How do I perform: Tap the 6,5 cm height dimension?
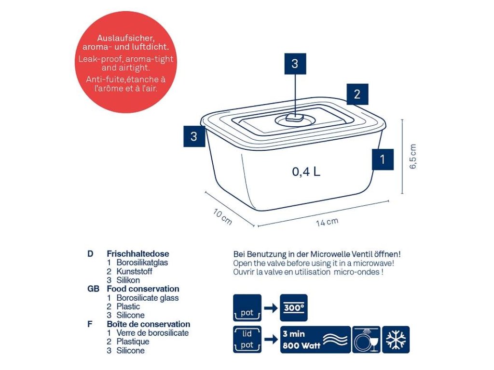pos(413,157)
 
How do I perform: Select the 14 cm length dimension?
pos(327,222)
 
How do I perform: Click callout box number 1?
pos(383,159)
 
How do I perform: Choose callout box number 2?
pos(357,94)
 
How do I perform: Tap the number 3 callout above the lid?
pos(295,64)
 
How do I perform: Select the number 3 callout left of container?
pos(194,136)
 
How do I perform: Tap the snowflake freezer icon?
pos(396,340)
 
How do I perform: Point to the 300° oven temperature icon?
pos(293,308)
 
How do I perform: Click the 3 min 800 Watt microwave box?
pos(315,340)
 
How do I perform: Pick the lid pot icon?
pos(247,340)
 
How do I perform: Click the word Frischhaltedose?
pos(138,254)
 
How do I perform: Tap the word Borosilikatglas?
pos(142,263)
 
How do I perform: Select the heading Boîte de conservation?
pos(149,324)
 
